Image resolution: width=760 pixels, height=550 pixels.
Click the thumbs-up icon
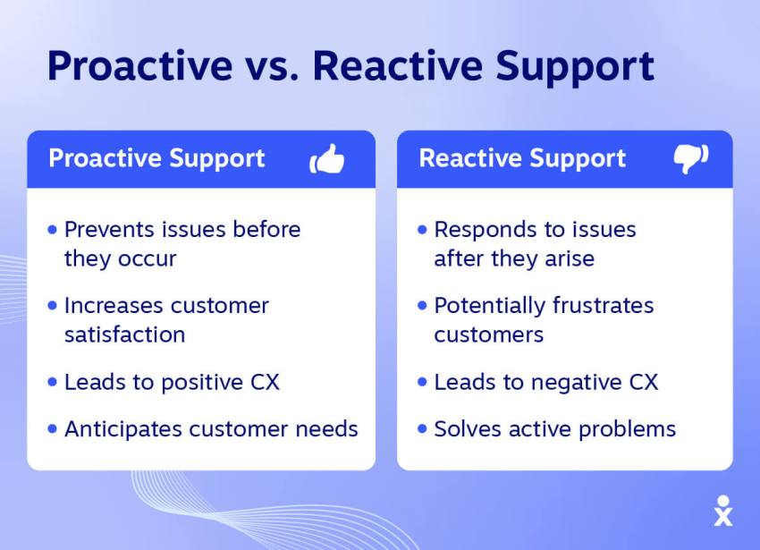point(327,159)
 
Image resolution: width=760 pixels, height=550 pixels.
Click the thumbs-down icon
point(690,159)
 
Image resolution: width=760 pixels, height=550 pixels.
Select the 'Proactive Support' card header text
point(156,159)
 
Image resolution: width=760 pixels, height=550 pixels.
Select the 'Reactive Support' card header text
point(522,159)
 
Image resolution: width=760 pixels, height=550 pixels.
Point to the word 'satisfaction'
point(124,334)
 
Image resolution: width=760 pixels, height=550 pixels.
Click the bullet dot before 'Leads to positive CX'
point(52,382)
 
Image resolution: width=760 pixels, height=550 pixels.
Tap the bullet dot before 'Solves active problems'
point(422,429)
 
